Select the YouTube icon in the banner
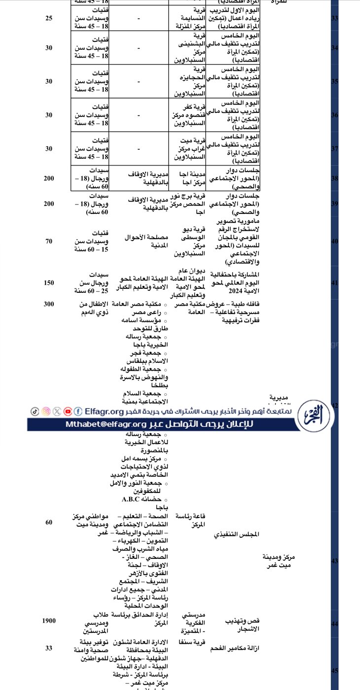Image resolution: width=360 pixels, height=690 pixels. tap(68, 411)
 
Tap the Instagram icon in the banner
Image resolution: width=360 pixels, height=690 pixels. tap(46, 411)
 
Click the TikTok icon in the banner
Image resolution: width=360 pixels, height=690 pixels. tap(35, 411)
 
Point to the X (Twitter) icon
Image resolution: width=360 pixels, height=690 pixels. tap(57, 411)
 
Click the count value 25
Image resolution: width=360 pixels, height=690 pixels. tap(49, 18)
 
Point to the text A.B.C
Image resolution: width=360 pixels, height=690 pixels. tap(132, 499)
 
